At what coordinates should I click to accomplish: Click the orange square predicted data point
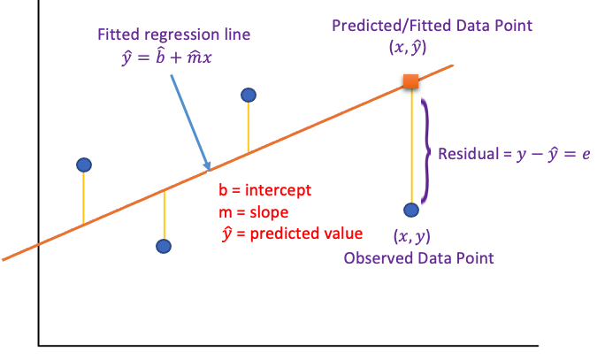tap(411, 81)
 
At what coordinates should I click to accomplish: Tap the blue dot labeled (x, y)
tap(411, 211)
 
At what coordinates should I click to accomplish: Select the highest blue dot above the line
tap(249, 95)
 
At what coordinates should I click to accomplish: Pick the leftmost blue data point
tap(84, 165)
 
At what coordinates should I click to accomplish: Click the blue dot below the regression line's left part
tap(164, 246)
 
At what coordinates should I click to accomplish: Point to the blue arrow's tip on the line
tap(210, 170)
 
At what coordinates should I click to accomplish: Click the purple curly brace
tap(426, 151)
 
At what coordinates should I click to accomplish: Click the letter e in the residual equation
tap(586, 154)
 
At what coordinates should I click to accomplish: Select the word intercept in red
tap(278, 190)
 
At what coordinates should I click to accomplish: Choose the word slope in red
tap(269, 211)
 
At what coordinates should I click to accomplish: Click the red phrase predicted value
tap(306, 234)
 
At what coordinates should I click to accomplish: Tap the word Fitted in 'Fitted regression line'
tap(119, 34)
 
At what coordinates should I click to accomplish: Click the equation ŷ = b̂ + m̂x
tap(166, 57)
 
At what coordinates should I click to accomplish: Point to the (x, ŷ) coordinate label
tap(408, 47)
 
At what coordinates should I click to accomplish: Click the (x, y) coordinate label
tap(411, 236)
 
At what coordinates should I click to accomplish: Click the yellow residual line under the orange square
tap(411, 146)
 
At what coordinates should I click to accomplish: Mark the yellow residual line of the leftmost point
tap(83, 198)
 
